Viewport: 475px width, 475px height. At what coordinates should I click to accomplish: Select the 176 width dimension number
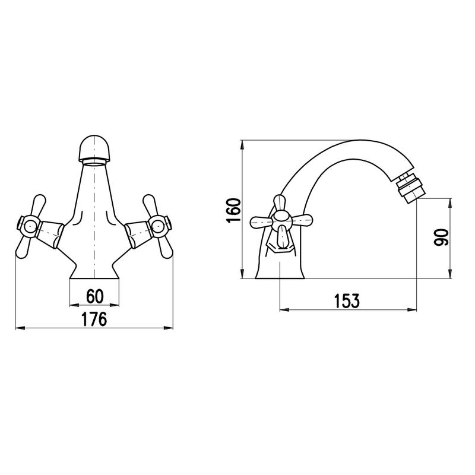[94, 319]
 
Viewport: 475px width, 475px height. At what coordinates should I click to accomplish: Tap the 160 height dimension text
[233, 210]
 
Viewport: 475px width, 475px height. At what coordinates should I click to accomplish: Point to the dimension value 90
[441, 237]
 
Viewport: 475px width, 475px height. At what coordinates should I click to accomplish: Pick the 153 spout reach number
[347, 301]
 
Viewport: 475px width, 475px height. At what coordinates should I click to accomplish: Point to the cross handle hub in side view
[281, 220]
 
